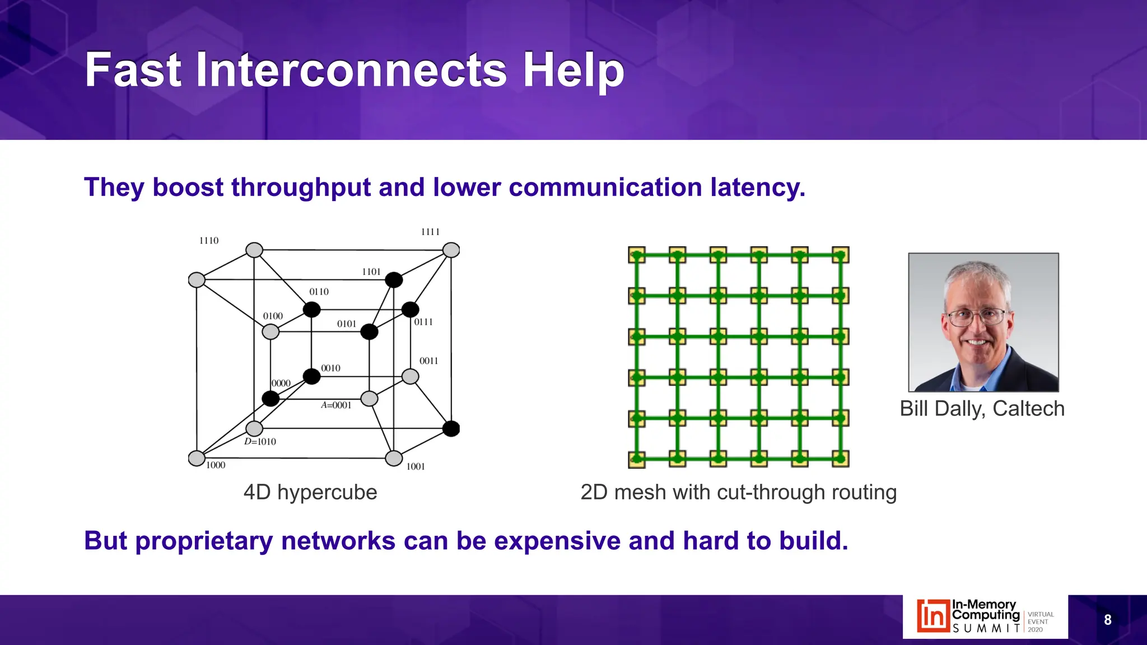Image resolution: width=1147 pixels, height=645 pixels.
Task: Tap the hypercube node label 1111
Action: coord(430,232)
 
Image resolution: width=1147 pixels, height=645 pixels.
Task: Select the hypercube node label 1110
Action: coord(209,241)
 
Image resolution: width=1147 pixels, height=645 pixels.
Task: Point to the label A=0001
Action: coord(336,405)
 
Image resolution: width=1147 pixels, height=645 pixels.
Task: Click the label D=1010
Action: coord(260,442)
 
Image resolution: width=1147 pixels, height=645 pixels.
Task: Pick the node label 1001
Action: coord(416,466)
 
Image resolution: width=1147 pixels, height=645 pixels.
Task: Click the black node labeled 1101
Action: coord(394,280)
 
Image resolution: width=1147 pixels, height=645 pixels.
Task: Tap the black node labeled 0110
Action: coord(311,309)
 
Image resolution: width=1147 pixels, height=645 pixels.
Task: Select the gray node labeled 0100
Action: coord(271,331)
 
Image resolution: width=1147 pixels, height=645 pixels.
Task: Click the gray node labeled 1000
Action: coord(197,458)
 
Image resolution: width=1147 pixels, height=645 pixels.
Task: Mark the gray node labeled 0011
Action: coord(411,376)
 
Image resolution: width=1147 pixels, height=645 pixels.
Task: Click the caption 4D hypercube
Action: coord(310,492)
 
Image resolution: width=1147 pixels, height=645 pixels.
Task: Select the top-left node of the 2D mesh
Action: coord(637,255)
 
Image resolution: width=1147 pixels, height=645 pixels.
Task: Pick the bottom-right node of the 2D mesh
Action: coord(840,459)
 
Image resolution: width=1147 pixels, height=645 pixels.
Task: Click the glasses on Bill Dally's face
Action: coord(977,318)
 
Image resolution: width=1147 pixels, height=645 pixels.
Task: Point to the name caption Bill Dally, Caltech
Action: coord(982,409)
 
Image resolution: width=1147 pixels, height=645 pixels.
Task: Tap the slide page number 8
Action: coord(1107,620)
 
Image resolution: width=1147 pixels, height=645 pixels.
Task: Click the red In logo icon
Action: coord(933,616)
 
